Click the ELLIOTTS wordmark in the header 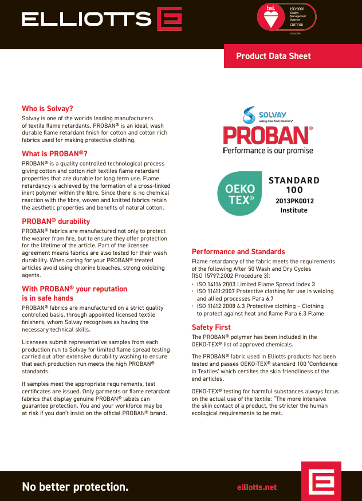[x=86, y=19]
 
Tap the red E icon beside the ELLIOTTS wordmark [x=170, y=19]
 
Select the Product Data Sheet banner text [x=273, y=56]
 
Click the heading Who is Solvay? [x=48, y=108]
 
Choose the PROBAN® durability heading [x=56, y=221]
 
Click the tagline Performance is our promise [x=267, y=151]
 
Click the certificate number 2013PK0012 [x=294, y=201]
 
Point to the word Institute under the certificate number [x=294, y=210]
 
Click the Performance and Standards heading [x=238, y=251]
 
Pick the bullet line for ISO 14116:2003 [x=255, y=284]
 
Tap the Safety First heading [x=211, y=327]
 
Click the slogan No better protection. [x=75, y=487]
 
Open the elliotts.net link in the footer [x=257, y=487]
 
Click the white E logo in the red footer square [x=321, y=481]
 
